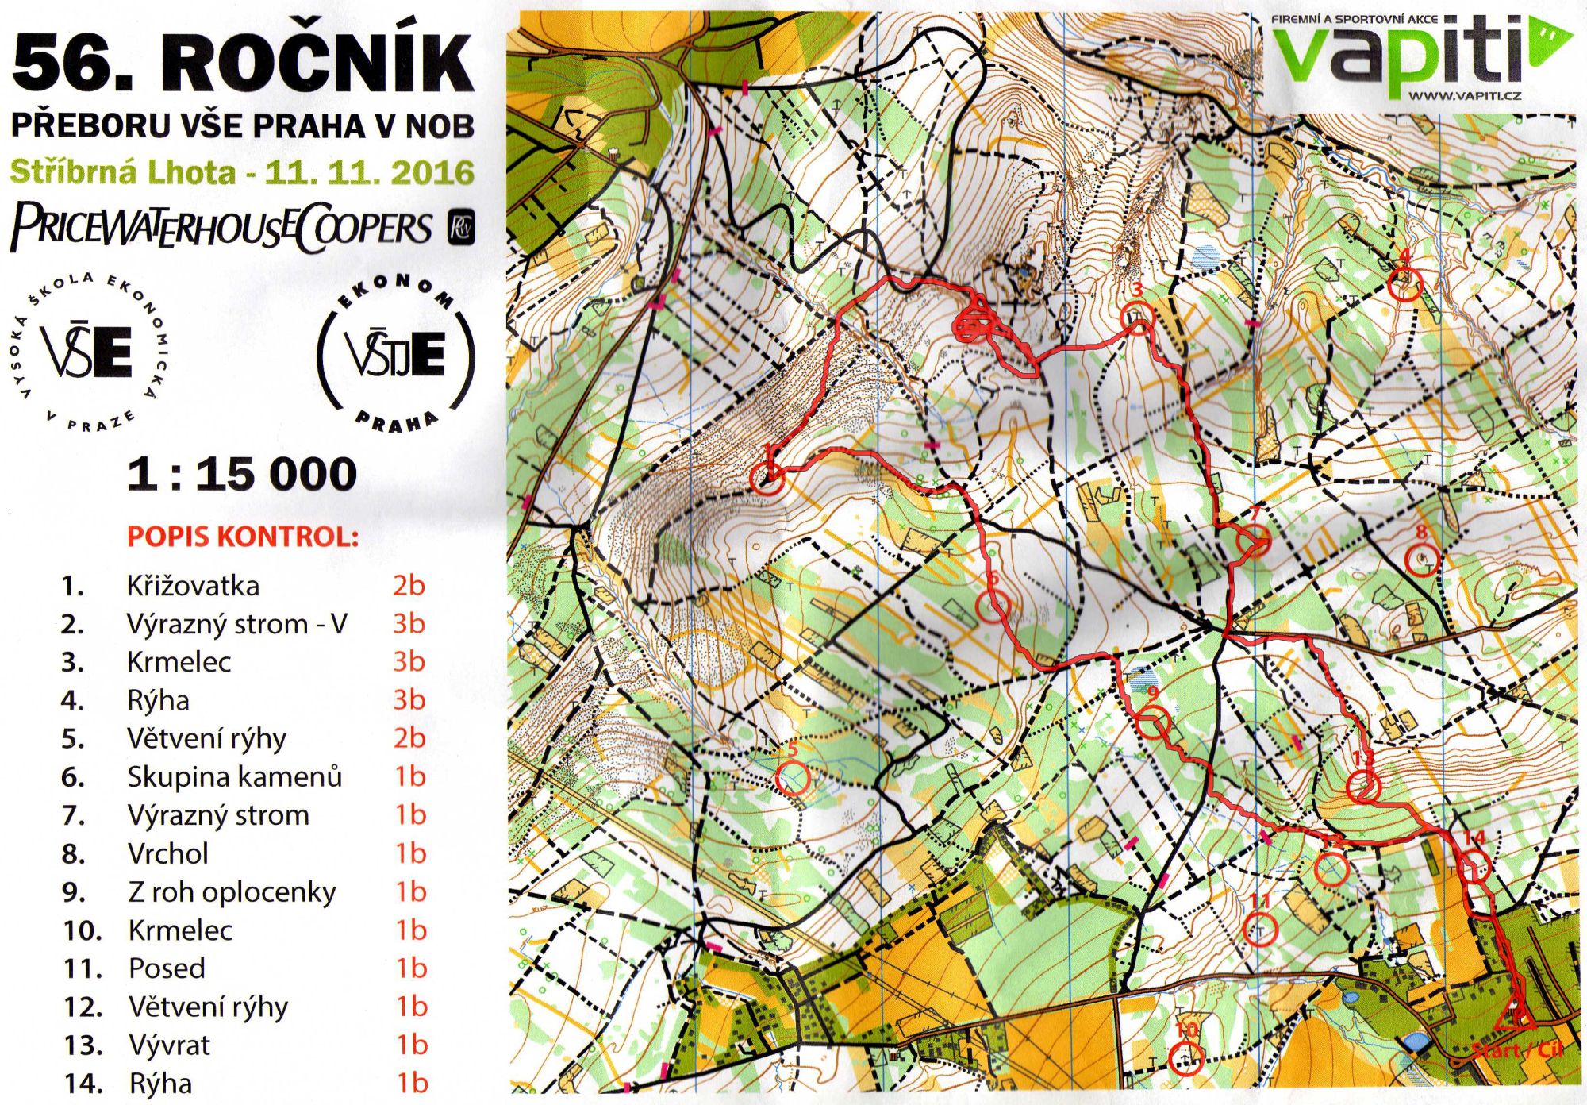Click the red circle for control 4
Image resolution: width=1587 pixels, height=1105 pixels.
[x=1405, y=284]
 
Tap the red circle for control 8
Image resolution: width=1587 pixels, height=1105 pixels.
[x=1421, y=559]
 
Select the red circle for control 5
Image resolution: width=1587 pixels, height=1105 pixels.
[x=793, y=778]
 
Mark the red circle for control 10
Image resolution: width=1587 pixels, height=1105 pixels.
[x=1186, y=1057]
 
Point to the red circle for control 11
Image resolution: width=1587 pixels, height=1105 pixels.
[x=1259, y=929]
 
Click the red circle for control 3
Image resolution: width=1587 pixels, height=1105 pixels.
[x=1138, y=318]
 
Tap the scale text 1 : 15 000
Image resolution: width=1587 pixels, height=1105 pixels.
[x=242, y=474]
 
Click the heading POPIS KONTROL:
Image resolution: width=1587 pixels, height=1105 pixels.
[x=243, y=537]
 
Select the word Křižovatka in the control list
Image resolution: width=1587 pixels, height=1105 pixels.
[x=193, y=586]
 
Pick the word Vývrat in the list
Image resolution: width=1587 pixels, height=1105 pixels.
[x=169, y=1045]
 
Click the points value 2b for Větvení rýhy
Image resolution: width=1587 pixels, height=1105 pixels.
[x=409, y=738]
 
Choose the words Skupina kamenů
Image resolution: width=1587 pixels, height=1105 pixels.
[x=234, y=776]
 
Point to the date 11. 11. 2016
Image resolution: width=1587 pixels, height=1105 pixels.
[x=369, y=172]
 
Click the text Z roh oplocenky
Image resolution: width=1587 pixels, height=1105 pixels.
[x=232, y=891]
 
